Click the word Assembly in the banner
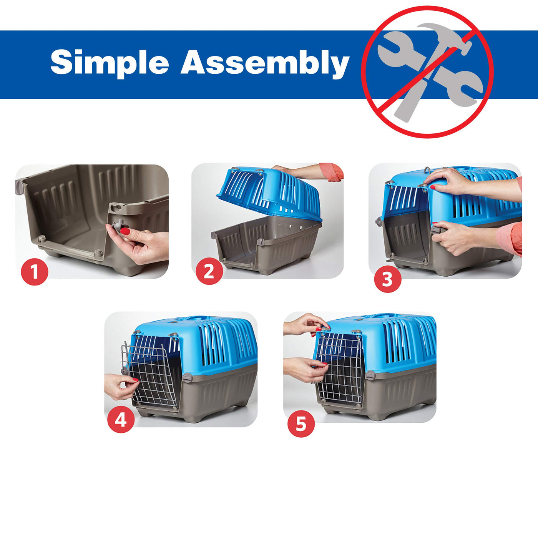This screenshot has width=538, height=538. point(265,63)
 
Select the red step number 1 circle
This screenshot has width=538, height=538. point(35,272)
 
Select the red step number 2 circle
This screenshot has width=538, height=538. point(209,271)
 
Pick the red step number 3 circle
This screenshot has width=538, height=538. point(387,279)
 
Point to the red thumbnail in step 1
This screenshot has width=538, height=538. point(125,231)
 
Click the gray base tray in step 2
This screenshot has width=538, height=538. point(267,245)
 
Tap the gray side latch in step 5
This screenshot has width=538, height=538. point(370,375)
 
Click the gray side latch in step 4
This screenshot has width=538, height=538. point(187,377)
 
